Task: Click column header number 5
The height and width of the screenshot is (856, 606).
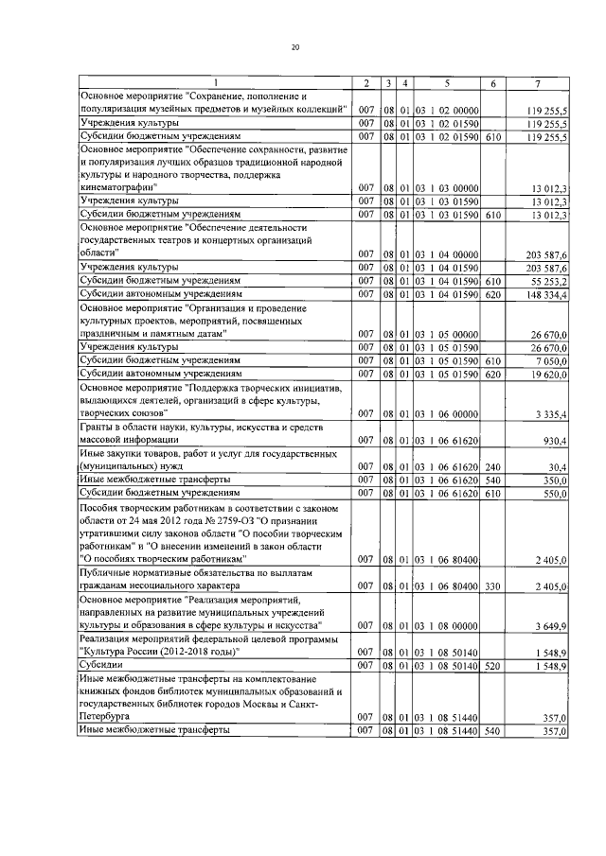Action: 445,84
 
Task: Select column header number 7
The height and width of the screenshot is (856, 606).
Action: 537,84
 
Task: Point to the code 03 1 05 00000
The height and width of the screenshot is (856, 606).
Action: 445,335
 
